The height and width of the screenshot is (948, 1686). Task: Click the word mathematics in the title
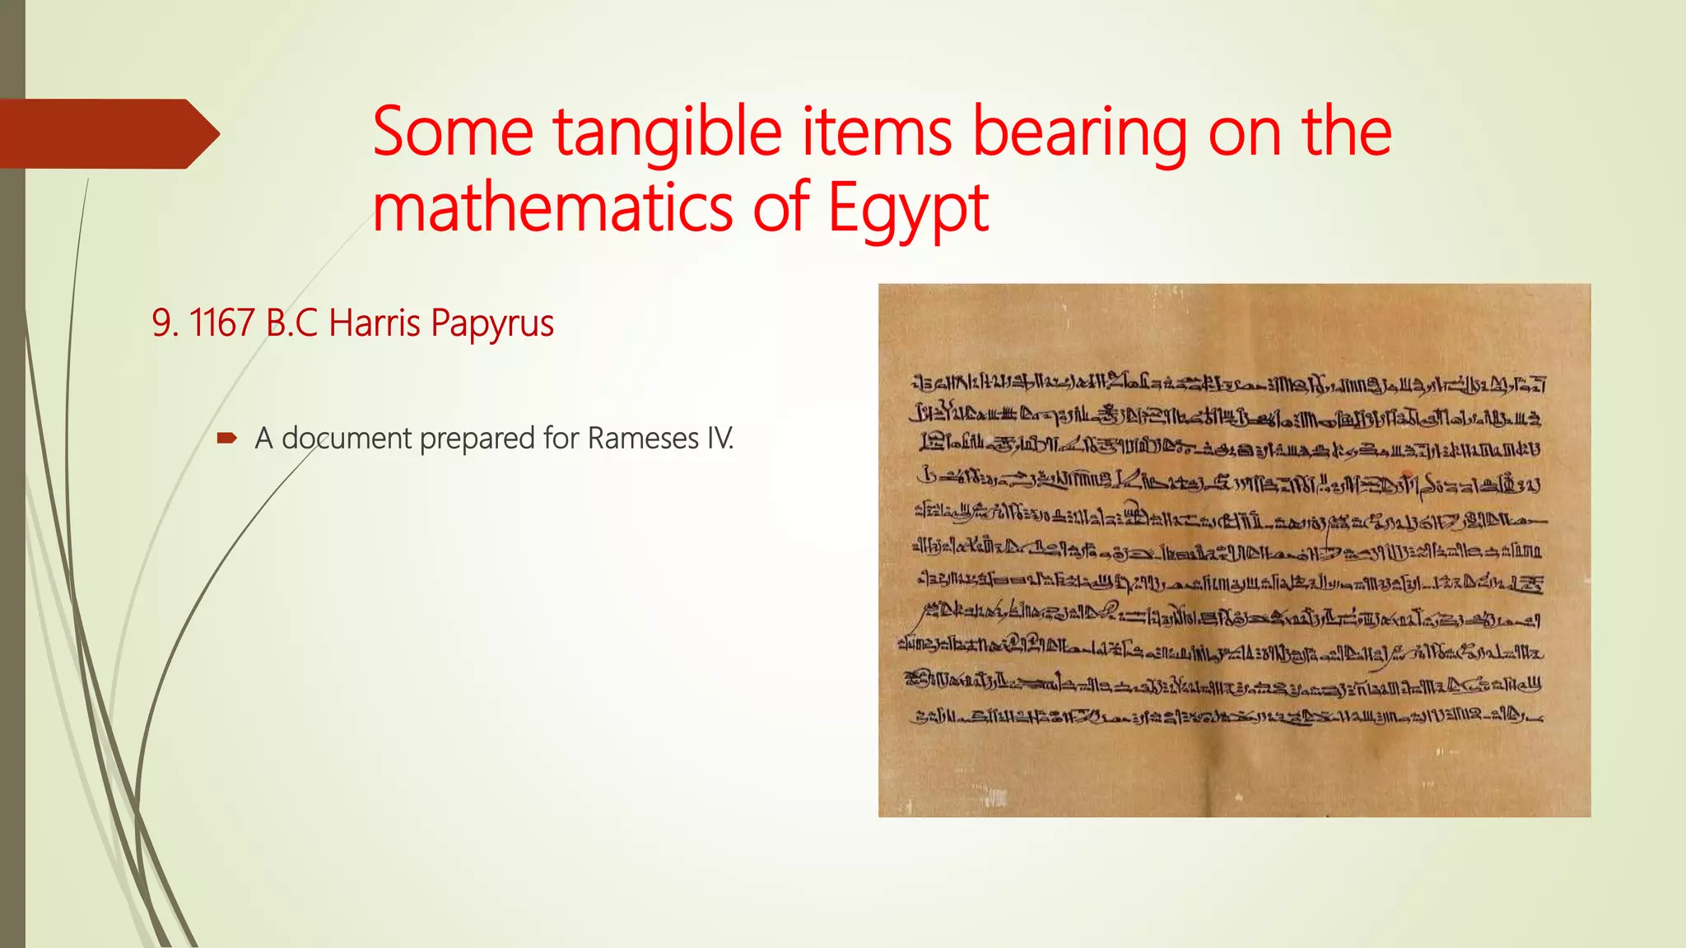pyautogui.click(x=552, y=207)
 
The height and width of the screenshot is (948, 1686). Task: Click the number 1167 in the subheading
pyautogui.click(x=221, y=323)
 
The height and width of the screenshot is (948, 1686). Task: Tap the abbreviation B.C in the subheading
pyautogui.click(x=291, y=323)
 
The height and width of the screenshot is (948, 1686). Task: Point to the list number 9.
pyautogui.click(x=164, y=323)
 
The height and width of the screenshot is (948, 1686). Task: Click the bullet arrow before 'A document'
pyautogui.click(x=226, y=439)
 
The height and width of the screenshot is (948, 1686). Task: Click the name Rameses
pyautogui.click(x=643, y=439)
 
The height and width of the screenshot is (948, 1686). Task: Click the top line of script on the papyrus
pyautogui.click(x=1227, y=383)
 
